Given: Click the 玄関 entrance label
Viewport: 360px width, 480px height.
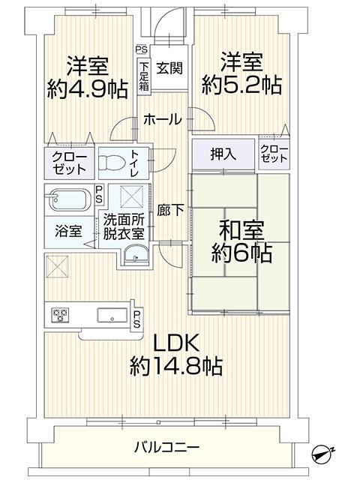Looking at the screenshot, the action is pos(169,68).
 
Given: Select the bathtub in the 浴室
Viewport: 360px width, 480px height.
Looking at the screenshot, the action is pos(68,199).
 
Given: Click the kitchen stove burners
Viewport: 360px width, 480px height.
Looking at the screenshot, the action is pos(60,315).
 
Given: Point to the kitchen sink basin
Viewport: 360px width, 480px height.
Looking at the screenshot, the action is pos(112,315).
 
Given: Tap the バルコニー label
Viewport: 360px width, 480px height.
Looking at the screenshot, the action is pos(166,448).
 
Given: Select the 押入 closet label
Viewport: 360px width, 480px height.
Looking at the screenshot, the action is pos(223,154).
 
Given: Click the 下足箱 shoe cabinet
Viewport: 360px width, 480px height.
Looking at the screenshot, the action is pos(144,76).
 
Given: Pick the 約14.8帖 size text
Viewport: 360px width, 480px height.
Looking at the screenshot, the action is pos(176,366).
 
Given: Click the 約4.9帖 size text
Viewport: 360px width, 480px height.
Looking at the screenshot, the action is pos(87,88).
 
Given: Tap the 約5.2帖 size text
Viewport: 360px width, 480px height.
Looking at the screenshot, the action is pos(241,85).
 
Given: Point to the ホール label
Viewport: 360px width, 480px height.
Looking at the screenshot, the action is pos(163,119).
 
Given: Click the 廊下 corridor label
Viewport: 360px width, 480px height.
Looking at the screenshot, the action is pos(170,210).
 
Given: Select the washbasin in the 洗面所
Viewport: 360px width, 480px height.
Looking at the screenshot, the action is pos(136,255).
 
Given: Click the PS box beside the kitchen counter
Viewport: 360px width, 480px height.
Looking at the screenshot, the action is pos(137,319).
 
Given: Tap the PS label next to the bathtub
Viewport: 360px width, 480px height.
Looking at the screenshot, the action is pos(98,195).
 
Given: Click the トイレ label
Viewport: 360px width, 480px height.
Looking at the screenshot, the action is pos(135,163).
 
